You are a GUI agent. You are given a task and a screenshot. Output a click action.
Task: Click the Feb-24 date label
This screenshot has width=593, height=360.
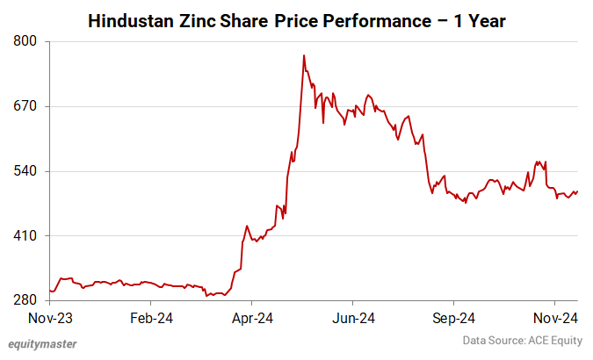coord(151,317)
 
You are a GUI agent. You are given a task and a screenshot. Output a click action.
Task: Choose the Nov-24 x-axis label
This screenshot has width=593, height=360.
coord(556,317)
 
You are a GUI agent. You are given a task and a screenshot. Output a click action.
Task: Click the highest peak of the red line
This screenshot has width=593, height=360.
coord(303,55)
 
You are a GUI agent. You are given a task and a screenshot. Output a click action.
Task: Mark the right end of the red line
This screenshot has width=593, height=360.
coord(577,191)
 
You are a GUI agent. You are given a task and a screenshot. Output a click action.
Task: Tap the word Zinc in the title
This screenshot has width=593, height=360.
coord(207,19)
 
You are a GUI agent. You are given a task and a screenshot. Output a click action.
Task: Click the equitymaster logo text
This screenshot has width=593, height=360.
coord(42,344)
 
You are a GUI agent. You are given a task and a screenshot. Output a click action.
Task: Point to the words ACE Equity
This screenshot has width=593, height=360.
coord(554,340)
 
